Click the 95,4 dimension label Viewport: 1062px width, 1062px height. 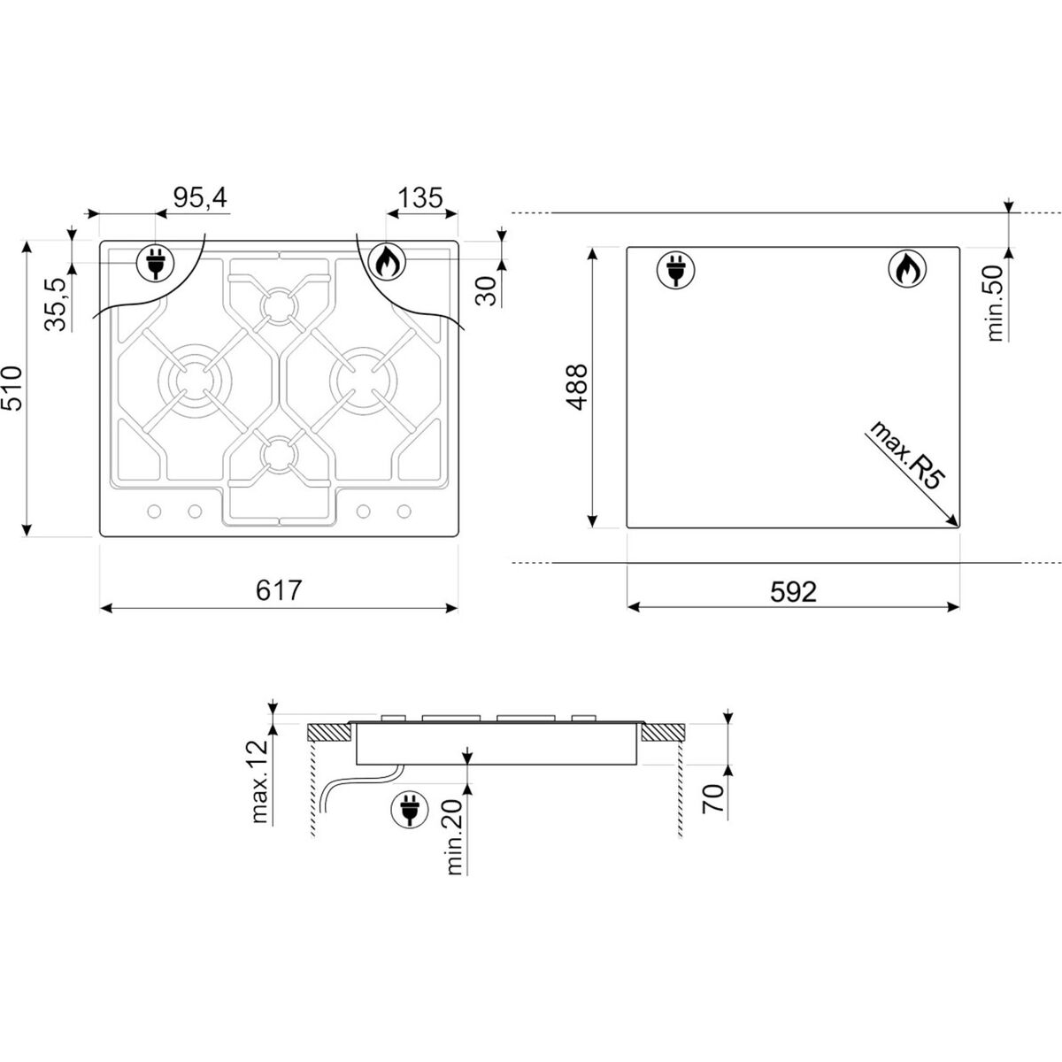click(x=200, y=198)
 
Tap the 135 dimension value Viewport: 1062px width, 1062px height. click(x=420, y=198)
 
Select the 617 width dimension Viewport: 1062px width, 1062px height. click(x=279, y=590)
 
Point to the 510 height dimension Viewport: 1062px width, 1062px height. click(x=12, y=388)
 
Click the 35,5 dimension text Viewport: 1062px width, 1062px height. click(x=56, y=304)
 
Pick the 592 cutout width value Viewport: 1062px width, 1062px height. click(x=793, y=592)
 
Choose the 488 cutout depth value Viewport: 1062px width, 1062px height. click(x=578, y=387)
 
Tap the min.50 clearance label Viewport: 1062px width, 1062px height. click(x=996, y=304)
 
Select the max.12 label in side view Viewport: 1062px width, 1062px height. click(x=259, y=781)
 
